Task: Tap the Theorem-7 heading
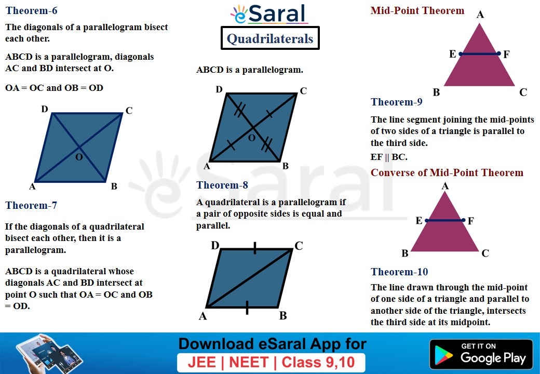pyautogui.click(x=31, y=206)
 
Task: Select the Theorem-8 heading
pyautogui.click(x=222, y=185)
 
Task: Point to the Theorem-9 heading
pyautogui.click(x=397, y=102)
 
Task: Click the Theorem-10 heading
pyautogui.click(x=399, y=272)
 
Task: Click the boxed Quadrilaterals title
pyautogui.click(x=270, y=39)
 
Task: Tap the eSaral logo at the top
pyautogui.click(x=269, y=14)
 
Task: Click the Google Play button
pyautogui.click(x=481, y=354)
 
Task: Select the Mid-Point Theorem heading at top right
pyautogui.click(x=417, y=11)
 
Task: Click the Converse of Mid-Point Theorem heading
pyautogui.click(x=447, y=173)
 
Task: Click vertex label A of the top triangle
pyautogui.click(x=480, y=15)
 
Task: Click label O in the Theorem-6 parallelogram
pyautogui.click(x=79, y=157)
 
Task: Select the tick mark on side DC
pyautogui.click(x=254, y=249)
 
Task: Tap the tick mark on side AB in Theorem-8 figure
pyautogui.click(x=247, y=308)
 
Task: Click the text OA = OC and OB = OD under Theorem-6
pyautogui.click(x=54, y=88)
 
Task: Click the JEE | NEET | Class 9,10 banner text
pyautogui.click(x=271, y=362)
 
